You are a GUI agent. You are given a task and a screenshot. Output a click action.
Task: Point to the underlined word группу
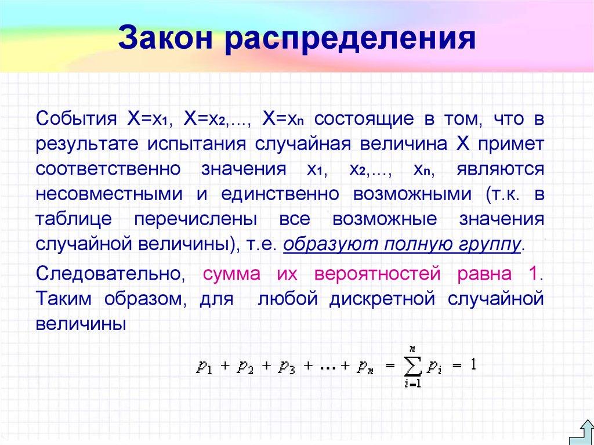click(x=492, y=244)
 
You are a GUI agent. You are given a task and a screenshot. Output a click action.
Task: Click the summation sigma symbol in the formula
click(x=412, y=366)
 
